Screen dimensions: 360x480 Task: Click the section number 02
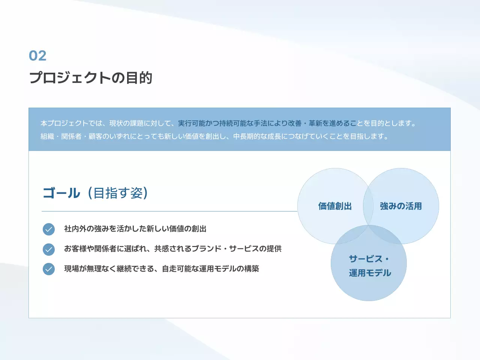pyautogui.click(x=37, y=56)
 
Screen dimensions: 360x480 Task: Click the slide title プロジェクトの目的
pyautogui.click(x=91, y=78)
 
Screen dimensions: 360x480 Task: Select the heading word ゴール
pyautogui.click(x=61, y=193)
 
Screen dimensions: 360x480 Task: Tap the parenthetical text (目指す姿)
pyautogui.click(x=118, y=193)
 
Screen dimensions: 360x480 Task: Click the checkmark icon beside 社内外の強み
pyautogui.click(x=49, y=229)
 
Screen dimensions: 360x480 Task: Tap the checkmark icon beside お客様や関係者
pyautogui.click(x=49, y=249)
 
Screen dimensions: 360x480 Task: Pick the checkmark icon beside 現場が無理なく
pyautogui.click(x=49, y=269)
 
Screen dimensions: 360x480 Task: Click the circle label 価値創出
pyautogui.click(x=335, y=206)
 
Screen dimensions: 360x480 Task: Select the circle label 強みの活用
pyautogui.click(x=401, y=206)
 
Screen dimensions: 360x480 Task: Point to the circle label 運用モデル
pyautogui.click(x=370, y=273)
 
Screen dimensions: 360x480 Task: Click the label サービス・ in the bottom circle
pyautogui.click(x=369, y=259)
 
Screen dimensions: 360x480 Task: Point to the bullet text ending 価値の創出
pyautogui.click(x=135, y=229)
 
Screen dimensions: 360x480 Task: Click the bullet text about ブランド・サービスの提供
pyautogui.click(x=173, y=249)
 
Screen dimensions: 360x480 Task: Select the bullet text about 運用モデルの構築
pyautogui.click(x=162, y=268)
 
